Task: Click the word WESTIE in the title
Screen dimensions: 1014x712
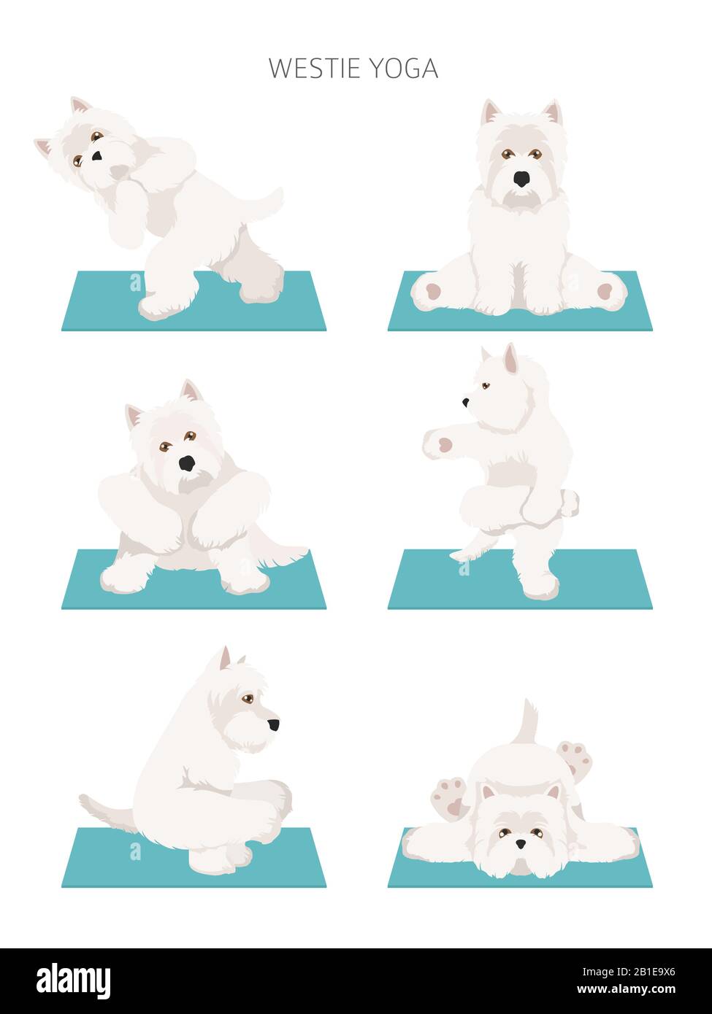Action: click(x=314, y=69)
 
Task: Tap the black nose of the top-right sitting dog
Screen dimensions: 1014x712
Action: click(x=521, y=179)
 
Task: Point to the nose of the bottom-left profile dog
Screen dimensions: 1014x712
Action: click(x=273, y=724)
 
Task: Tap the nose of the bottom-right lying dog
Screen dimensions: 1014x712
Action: click(x=520, y=843)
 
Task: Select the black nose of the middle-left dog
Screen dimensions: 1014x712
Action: click(x=188, y=463)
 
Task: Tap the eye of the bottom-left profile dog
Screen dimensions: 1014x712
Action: click(x=248, y=698)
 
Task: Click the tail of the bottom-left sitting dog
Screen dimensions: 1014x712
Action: click(x=102, y=810)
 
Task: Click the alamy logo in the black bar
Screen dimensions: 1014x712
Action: click(x=73, y=981)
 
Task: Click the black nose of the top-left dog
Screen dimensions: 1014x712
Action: click(x=96, y=155)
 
